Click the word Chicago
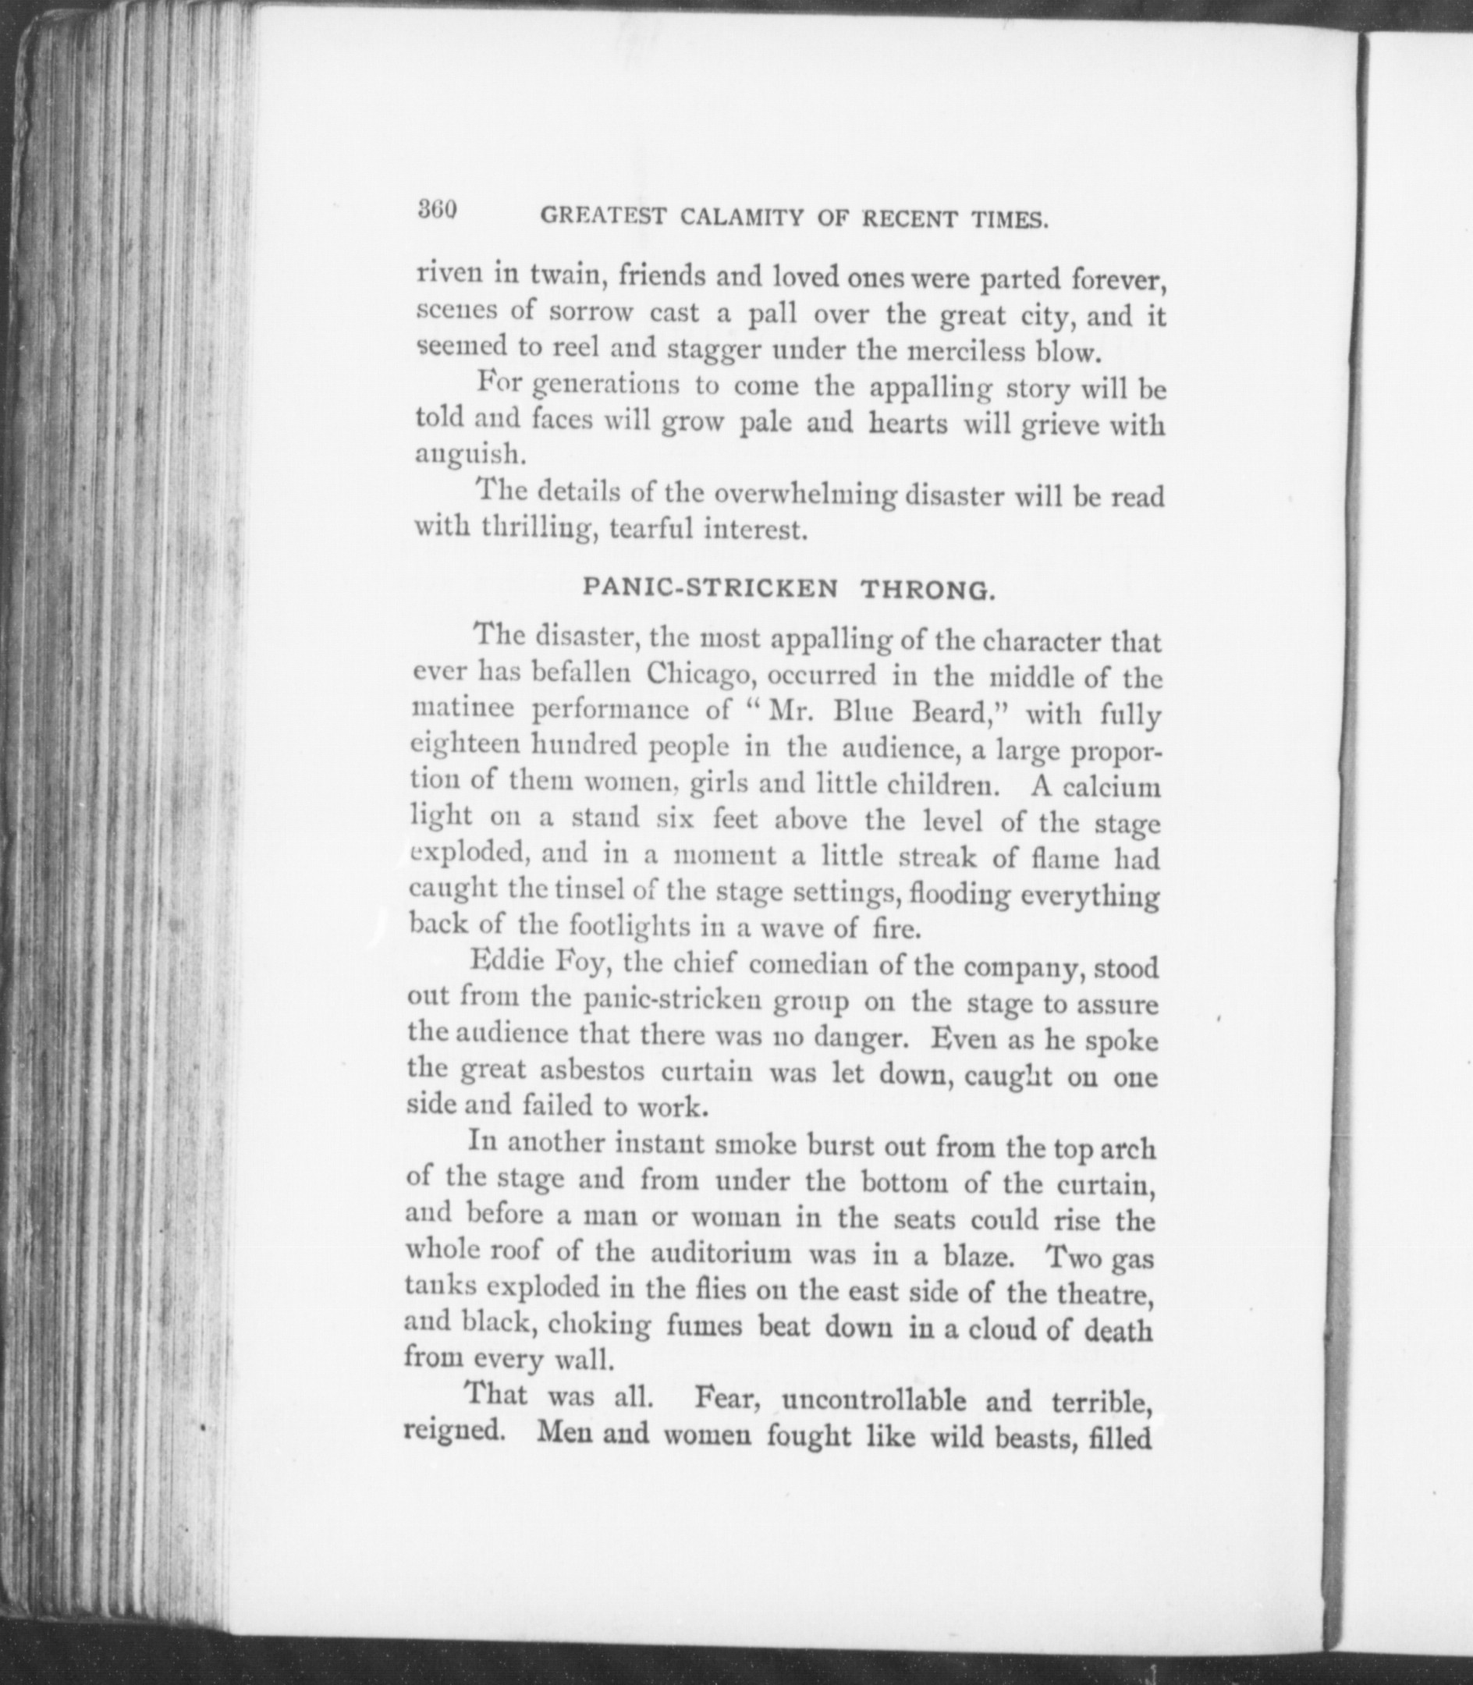coord(705,674)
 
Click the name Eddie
coord(502,962)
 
